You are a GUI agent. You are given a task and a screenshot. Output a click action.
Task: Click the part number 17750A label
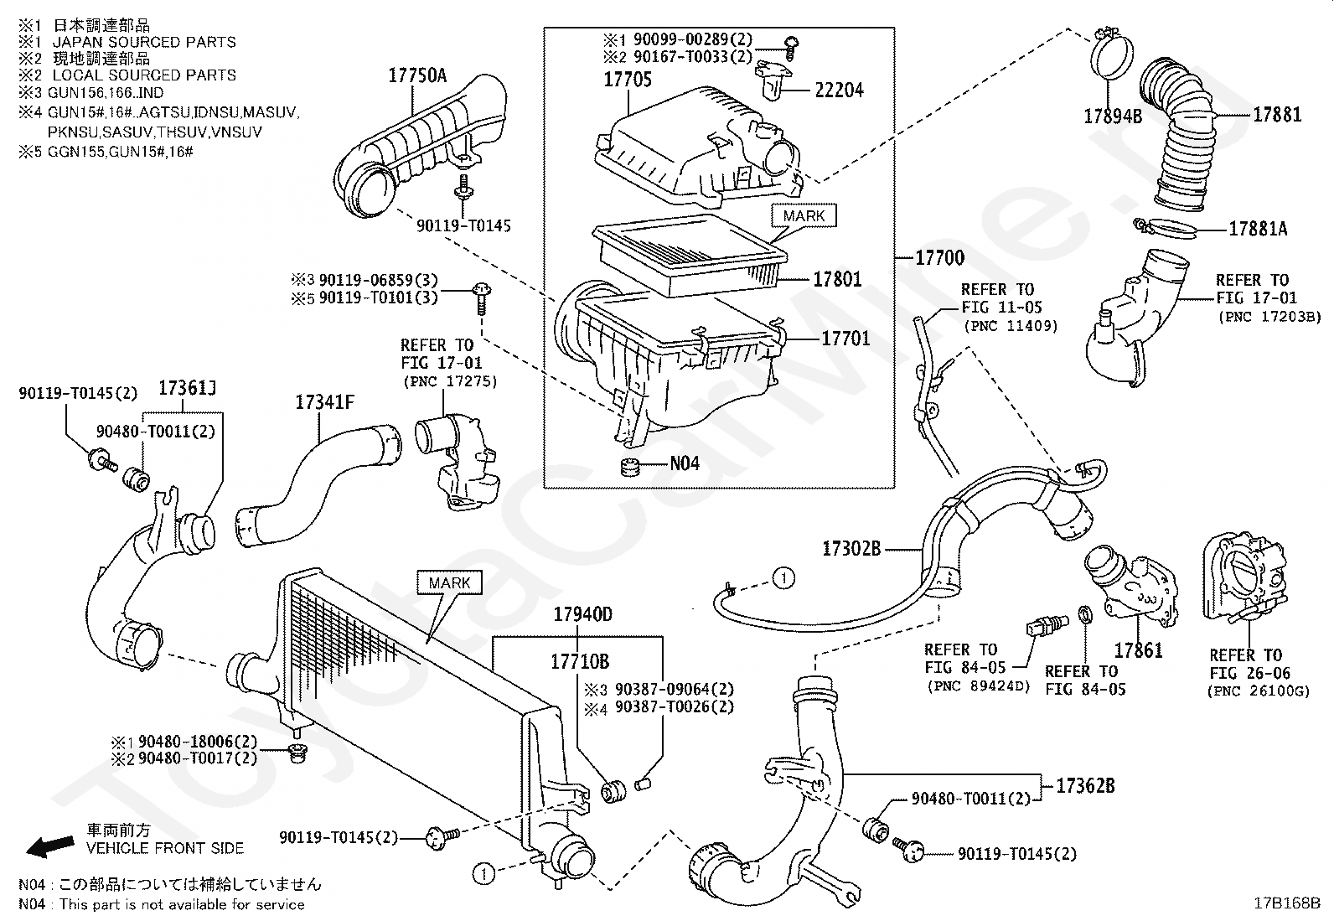click(417, 75)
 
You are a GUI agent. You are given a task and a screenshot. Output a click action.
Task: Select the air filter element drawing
click(690, 256)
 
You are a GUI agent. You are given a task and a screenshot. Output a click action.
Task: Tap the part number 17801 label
click(837, 279)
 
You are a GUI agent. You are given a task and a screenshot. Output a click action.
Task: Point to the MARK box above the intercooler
click(450, 582)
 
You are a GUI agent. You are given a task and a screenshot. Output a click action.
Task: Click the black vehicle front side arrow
click(50, 846)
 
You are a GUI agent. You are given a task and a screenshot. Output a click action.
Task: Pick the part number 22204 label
click(839, 91)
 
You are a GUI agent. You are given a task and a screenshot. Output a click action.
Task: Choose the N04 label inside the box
click(685, 463)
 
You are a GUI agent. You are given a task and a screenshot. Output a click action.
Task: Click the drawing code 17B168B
click(1287, 903)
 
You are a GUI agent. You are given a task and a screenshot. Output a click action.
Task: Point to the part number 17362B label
click(1085, 786)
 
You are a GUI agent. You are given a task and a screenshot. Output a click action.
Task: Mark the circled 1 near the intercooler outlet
click(483, 874)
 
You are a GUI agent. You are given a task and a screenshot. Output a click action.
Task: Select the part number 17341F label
click(324, 403)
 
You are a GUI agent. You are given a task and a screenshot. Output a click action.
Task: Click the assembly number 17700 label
click(939, 258)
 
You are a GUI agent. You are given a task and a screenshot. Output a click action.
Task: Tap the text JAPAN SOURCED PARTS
click(144, 42)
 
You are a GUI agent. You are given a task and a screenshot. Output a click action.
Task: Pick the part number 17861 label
click(1138, 650)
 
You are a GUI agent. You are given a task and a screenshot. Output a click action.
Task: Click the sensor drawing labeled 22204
click(773, 83)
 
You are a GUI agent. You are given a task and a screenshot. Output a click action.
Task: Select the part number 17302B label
click(851, 549)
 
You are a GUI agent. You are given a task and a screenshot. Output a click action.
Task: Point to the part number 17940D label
click(582, 614)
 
